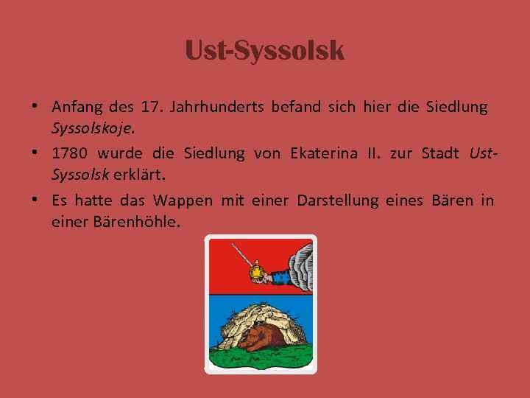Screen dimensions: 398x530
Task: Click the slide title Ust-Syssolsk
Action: pyautogui.click(x=264, y=50)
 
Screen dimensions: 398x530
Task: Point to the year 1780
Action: pyautogui.click(x=70, y=154)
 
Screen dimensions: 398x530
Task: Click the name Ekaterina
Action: pyautogui.click(x=321, y=154)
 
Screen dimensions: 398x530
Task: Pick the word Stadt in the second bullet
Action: pyautogui.click(x=440, y=154)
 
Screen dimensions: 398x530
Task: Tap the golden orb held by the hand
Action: pyautogui.click(x=258, y=271)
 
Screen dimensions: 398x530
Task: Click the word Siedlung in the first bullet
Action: pyautogui.click(x=456, y=108)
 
